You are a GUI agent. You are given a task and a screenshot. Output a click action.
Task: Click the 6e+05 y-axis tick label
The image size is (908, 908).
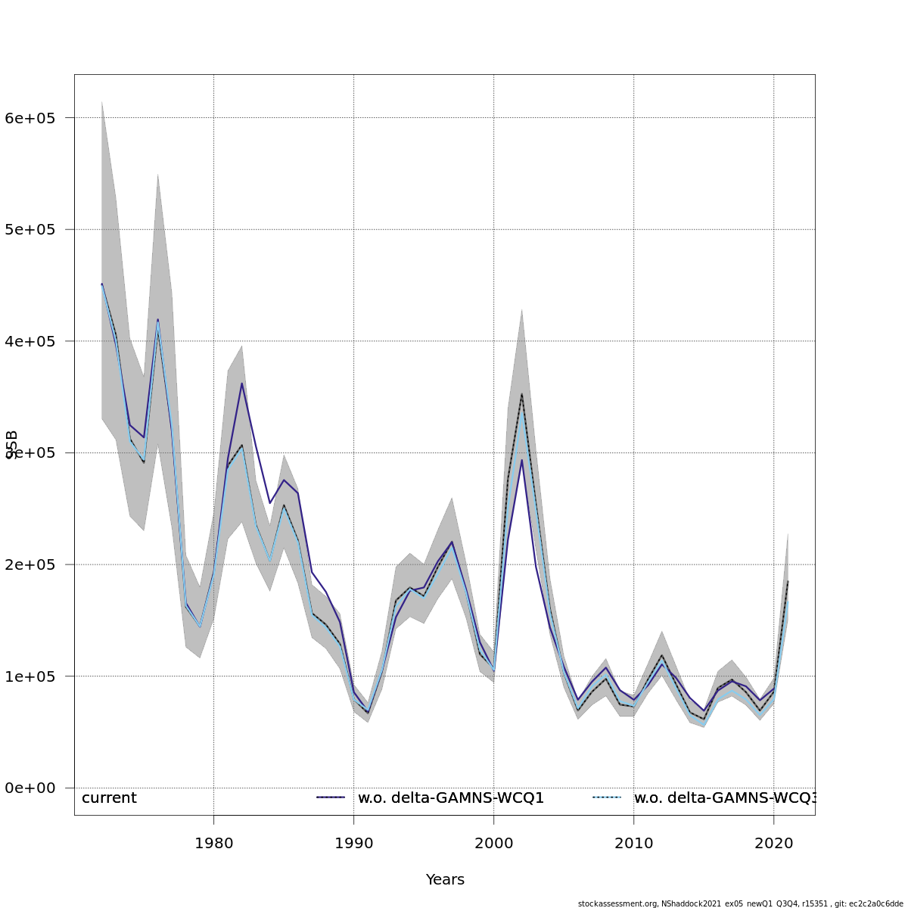[x=36, y=118]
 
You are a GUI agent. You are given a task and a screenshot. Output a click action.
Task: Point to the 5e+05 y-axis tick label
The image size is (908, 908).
[x=36, y=229]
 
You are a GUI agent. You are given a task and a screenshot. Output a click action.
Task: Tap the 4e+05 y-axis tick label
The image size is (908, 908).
[x=36, y=341]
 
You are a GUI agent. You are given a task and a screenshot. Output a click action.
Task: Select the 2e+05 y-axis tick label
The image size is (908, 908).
[x=36, y=564]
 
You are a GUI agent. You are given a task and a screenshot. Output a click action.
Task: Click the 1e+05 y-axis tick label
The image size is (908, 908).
[x=36, y=676]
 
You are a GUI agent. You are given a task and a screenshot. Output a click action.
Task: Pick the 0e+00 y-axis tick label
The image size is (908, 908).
[x=36, y=788]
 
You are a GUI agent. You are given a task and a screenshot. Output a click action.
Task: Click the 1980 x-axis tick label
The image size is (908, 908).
[x=213, y=843]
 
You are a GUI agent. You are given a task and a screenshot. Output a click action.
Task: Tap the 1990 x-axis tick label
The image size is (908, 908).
[x=353, y=843]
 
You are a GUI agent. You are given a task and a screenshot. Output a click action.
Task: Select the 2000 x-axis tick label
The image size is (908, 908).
[x=493, y=843]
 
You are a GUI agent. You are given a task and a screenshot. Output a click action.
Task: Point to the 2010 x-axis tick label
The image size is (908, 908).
[x=633, y=843]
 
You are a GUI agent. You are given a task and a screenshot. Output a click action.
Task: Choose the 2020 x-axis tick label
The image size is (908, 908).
[x=773, y=843]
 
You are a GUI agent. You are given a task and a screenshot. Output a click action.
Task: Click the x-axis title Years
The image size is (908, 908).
[x=445, y=880]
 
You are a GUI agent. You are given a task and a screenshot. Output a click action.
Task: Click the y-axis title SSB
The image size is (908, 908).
[x=12, y=445]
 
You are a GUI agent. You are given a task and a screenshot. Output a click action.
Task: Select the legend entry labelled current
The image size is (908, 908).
[x=109, y=798]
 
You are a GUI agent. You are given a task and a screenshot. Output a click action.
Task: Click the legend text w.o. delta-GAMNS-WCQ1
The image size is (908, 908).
[x=451, y=798]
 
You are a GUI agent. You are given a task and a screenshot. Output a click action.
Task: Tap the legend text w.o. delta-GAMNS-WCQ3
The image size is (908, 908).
[x=724, y=798]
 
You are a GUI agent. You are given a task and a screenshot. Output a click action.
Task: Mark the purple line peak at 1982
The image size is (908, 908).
[x=241, y=384]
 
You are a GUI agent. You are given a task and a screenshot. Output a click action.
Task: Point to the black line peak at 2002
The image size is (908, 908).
[x=521, y=393]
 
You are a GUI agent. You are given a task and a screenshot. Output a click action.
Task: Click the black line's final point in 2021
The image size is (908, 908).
[x=788, y=581]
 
